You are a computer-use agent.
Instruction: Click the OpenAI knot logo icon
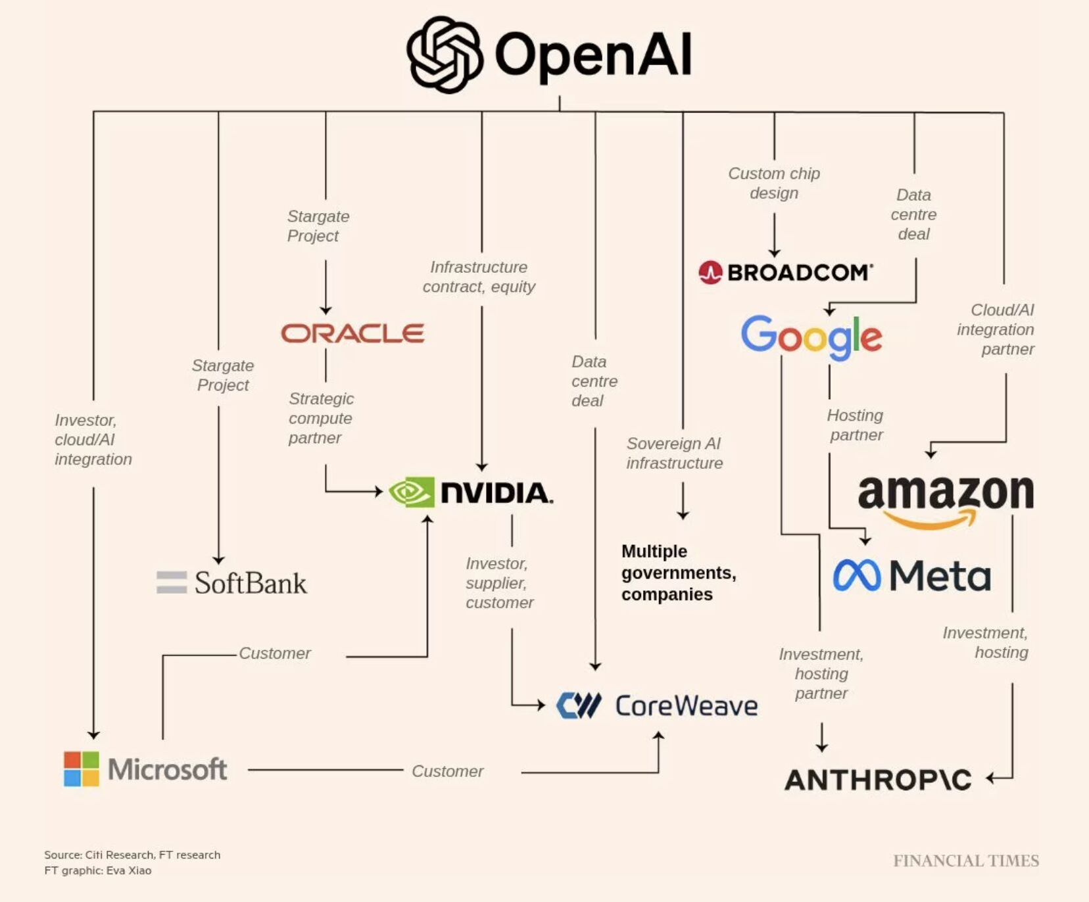[445, 55]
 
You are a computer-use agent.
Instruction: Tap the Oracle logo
[352, 333]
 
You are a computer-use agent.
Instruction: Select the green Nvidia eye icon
[412, 492]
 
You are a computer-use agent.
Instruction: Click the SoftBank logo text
[250, 583]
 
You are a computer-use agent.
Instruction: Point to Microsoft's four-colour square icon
[82, 769]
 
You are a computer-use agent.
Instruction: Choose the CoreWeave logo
[656, 705]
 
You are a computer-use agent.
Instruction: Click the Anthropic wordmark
[878, 780]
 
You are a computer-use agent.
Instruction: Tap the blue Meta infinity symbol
[856, 576]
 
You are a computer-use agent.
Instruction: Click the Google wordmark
[811, 337]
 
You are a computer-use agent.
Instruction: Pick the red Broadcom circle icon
[711, 272]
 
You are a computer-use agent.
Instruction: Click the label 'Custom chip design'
[774, 183]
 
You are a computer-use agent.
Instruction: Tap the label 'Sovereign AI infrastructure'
[674, 454]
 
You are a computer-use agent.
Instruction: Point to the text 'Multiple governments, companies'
[677, 573]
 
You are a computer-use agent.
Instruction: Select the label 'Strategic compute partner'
[321, 418]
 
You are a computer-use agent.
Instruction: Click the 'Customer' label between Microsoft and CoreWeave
[447, 771]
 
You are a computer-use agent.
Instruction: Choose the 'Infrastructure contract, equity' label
[479, 277]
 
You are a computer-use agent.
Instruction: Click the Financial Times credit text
[965, 861]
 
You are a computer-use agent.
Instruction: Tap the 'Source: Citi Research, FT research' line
[132, 855]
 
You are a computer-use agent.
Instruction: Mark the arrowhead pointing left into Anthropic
[990, 778]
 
